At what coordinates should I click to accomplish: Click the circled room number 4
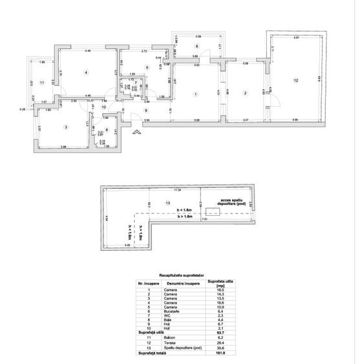pyautogui.click(x=85, y=72)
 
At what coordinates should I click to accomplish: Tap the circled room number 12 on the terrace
pyautogui.click(x=295, y=80)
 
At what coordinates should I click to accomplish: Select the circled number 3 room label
pyautogui.click(x=65, y=127)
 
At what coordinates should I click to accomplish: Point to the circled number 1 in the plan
pyautogui.click(x=195, y=94)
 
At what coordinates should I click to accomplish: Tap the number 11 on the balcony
pyautogui.click(x=41, y=83)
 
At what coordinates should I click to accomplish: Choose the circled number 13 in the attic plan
pyautogui.click(x=168, y=203)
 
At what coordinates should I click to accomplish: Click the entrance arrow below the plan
pyautogui.click(x=136, y=133)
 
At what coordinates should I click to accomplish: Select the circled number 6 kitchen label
pyautogui.click(x=196, y=46)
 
